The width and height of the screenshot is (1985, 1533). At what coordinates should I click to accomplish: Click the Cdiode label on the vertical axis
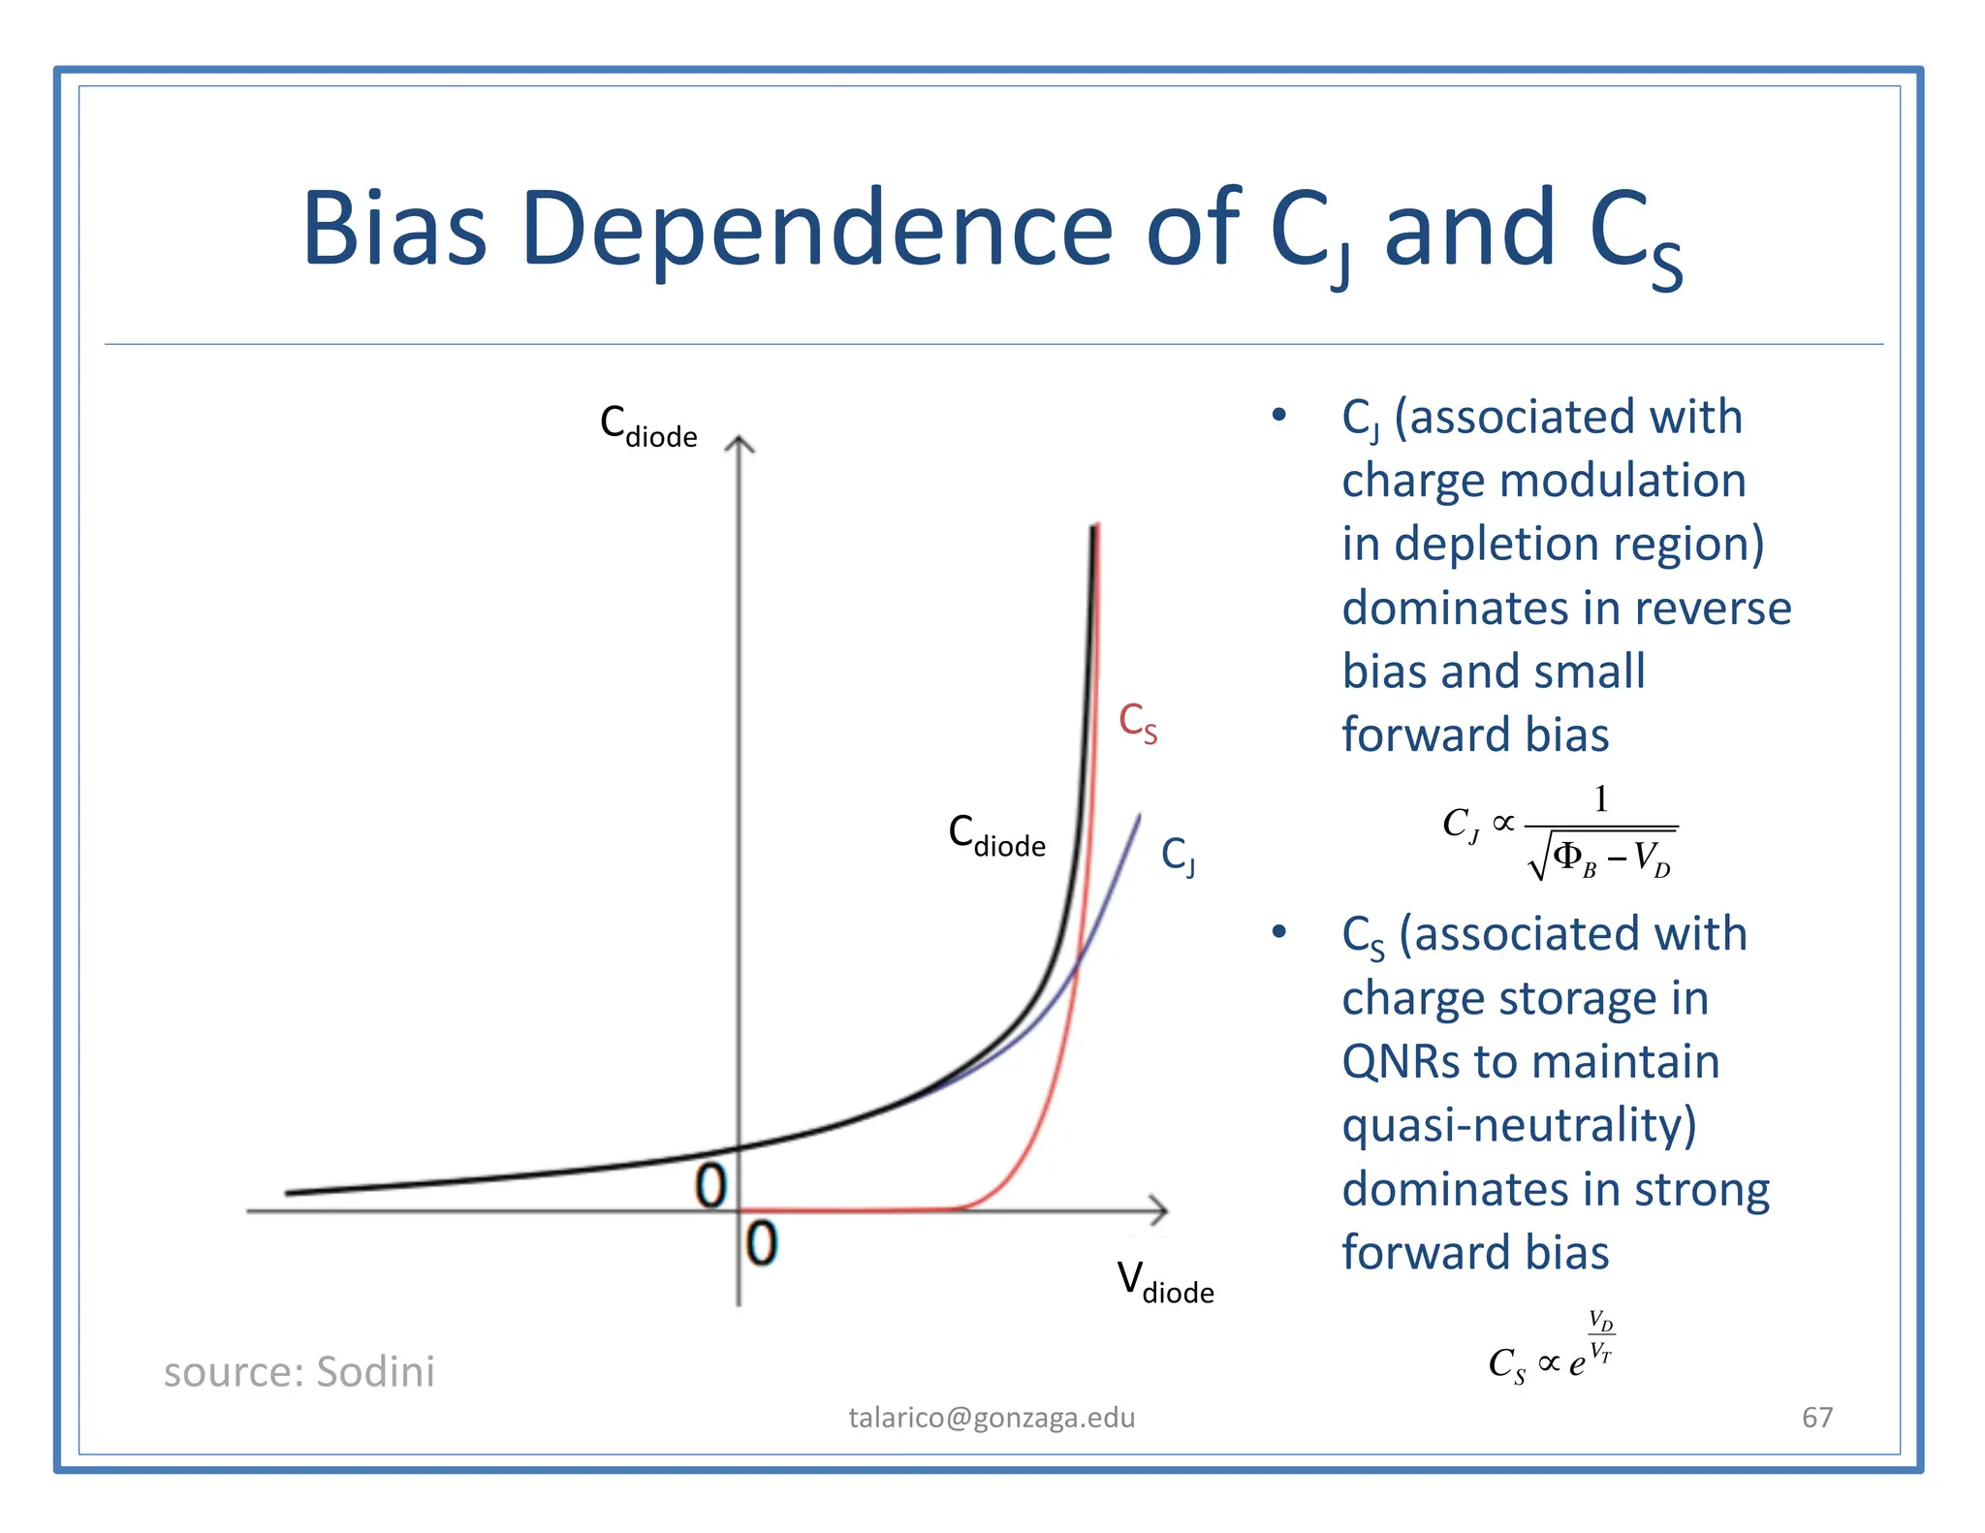pyautogui.click(x=647, y=426)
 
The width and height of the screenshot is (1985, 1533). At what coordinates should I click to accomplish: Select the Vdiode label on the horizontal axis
pyautogui.click(x=1164, y=1282)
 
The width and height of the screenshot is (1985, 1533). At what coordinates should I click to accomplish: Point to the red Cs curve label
pyautogui.click(x=1137, y=723)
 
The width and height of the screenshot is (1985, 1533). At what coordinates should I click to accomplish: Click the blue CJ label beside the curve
pyautogui.click(x=1178, y=856)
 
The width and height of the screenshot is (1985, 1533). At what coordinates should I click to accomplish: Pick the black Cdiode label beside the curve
pyautogui.click(x=995, y=835)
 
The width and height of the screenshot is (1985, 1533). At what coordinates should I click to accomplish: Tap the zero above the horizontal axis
pyautogui.click(x=710, y=1186)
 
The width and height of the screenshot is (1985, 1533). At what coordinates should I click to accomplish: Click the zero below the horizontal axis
pyautogui.click(x=762, y=1243)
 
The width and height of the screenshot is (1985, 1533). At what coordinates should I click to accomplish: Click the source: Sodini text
pyautogui.click(x=299, y=1371)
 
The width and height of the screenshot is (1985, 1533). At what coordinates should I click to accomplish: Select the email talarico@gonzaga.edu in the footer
pyautogui.click(x=992, y=1418)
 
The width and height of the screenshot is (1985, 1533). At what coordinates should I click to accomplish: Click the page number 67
pyautogui.click(x=1816, y=1418)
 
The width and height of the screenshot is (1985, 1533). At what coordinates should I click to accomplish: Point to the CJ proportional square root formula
pyautogui.click(x=1559, y=832)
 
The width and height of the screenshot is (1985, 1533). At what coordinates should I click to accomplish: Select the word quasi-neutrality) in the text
pyautogui.click(x=1519, y=1125)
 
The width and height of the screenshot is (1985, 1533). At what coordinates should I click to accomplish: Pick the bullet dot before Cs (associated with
pyautogui.click(x=1278, y=932)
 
